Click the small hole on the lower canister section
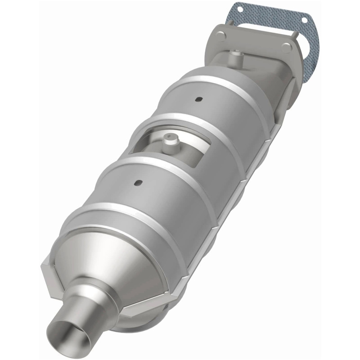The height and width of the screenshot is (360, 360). tap(138, 182)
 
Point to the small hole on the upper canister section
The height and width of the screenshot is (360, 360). tap(197, 99)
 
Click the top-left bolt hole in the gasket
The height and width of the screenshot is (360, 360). tap(239, 9)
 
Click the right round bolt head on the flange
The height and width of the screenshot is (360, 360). tap(285, 47)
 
